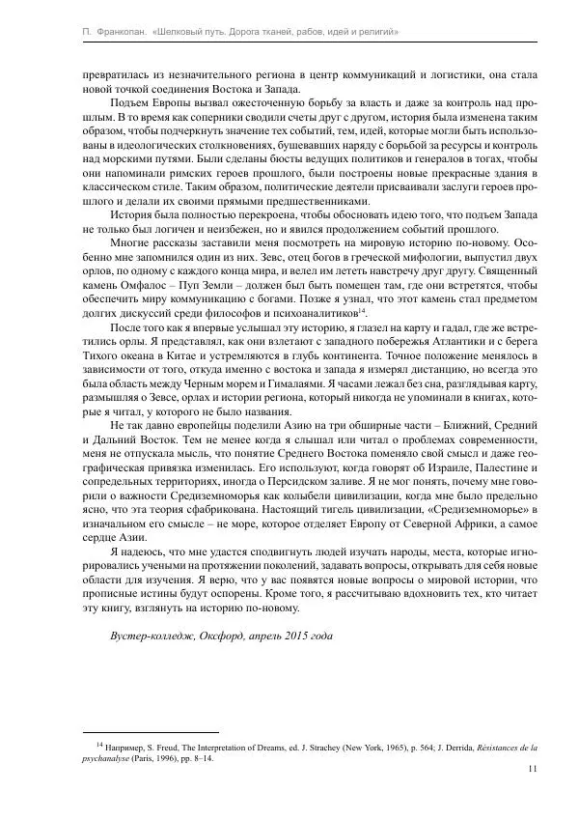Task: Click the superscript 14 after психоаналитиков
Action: tap(362, 310)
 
